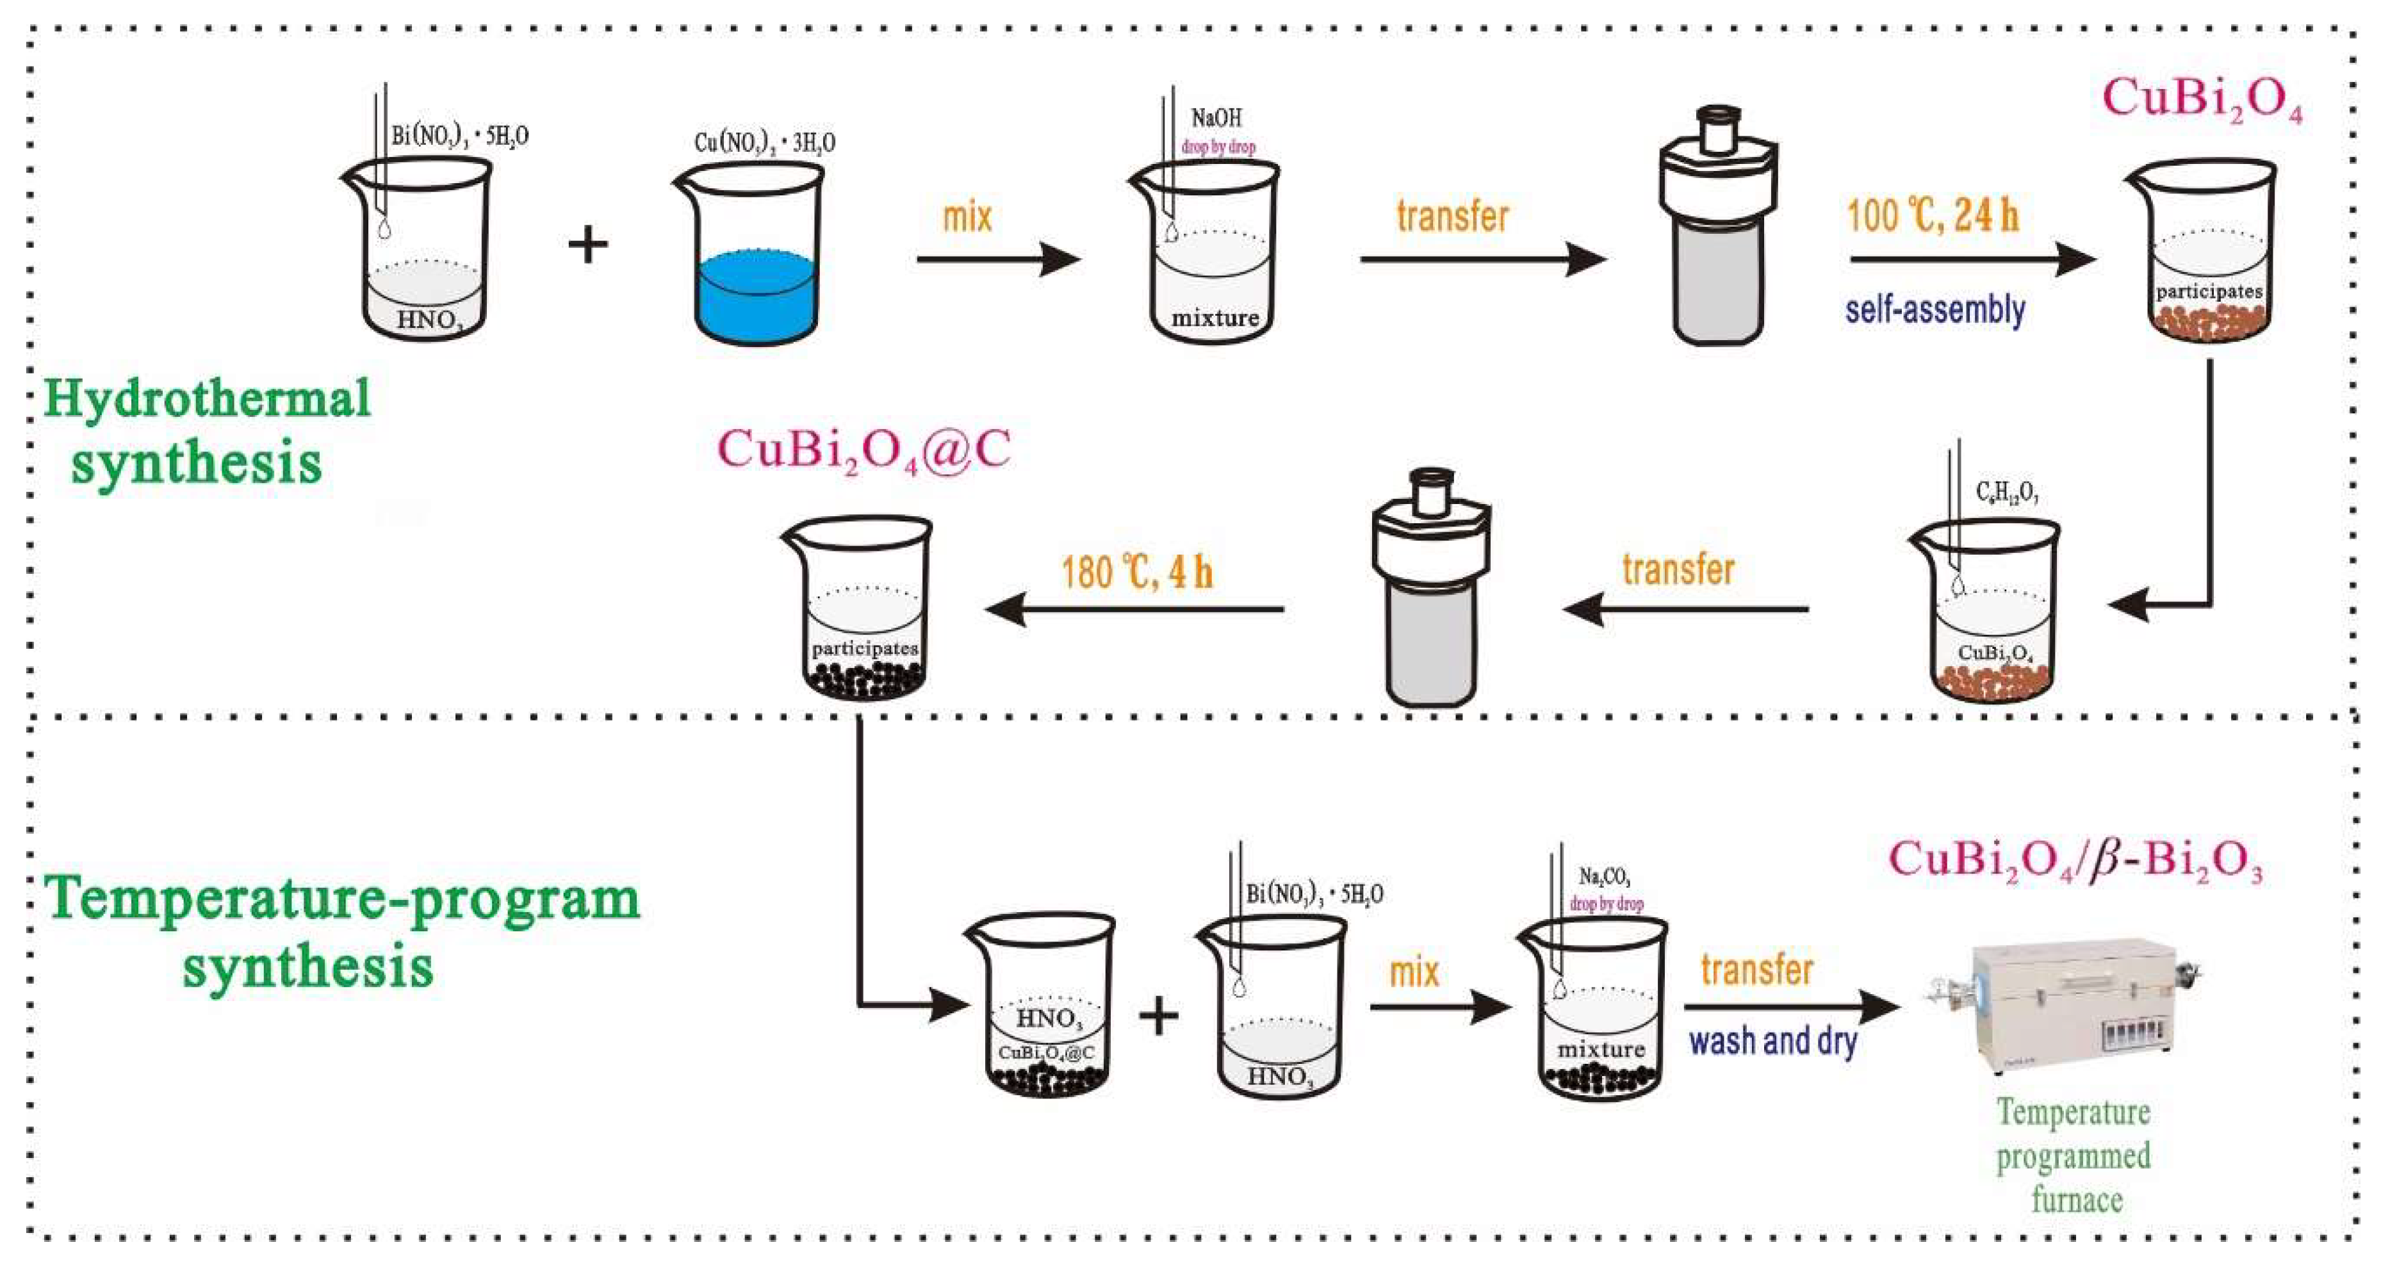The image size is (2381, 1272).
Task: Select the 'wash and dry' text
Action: point(1773,1041)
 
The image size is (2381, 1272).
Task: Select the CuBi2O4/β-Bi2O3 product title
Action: point(2074,860)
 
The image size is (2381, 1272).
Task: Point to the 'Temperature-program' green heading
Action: point(342,899)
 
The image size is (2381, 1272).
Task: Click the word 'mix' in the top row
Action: point(967,217)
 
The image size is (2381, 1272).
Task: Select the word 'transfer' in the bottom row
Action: point(1756,970)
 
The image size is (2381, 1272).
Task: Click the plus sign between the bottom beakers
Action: point(1158,1017)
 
